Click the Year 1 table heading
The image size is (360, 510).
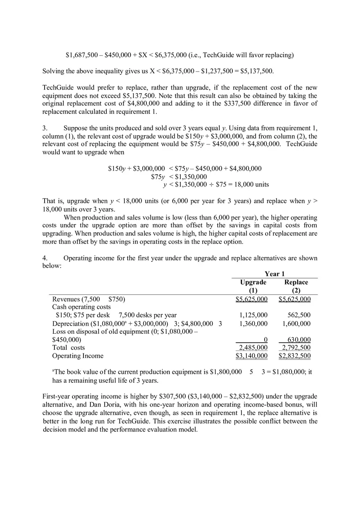(x=274, y=274)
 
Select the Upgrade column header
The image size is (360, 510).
(x=253, y=282)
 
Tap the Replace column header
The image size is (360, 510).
(x=296, y=282)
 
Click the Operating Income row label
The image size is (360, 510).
(x=78, y=356)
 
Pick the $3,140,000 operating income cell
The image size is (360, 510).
(x=252, y=356)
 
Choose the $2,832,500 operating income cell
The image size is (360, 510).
(x=295, y=356)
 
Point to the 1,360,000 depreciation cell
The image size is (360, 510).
(x=254, y=324)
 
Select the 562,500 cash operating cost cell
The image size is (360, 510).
(x=299, y=315)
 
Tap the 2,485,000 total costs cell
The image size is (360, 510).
(x=254, y=348)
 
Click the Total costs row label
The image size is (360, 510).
(x=68, y=348)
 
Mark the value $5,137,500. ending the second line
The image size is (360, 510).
(x=253, y=71)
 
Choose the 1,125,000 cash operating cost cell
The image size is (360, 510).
(x=254, y=315)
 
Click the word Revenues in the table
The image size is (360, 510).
(x=66, y=299)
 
